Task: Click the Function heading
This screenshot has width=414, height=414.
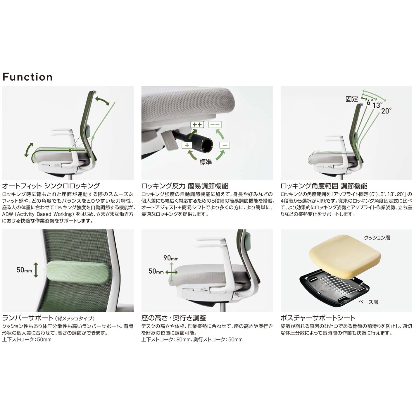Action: (27, 77)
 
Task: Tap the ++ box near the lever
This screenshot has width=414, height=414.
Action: (197, 125)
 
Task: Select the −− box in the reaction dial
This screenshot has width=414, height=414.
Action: (215, 125)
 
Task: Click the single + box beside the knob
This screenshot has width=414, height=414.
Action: (187, 145)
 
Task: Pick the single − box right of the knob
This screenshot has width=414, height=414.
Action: (225, 145)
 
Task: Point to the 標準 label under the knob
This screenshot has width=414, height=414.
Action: (206, 162)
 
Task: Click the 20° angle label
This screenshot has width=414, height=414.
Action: (386, 111)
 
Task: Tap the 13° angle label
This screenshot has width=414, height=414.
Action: (377, 105)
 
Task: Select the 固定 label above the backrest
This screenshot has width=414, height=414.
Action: (352, 99)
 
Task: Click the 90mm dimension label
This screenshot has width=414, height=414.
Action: (171, 258)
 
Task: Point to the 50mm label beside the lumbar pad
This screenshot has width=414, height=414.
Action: (24, 270)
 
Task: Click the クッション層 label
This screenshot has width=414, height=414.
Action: (377, 238)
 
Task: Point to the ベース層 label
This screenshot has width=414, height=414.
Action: (368, 302)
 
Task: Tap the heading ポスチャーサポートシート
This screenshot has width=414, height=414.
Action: (318, 318)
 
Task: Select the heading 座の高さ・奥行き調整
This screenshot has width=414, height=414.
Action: (174, 318)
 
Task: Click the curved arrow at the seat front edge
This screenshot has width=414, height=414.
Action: (28, 150)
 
